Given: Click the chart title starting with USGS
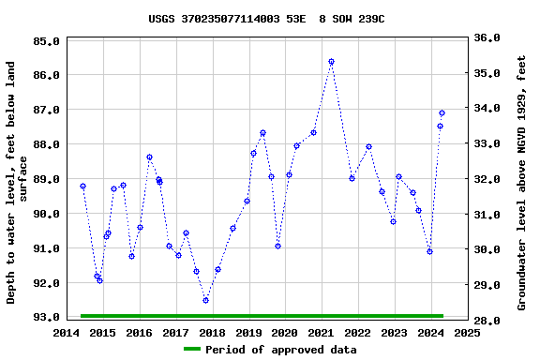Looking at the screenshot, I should pyautogui.click(x=266, y=19).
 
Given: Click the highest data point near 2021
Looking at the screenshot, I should pyautogui.click(x=331, y=62).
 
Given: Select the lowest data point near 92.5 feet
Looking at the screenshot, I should pyautogui.click(x=205, y=300).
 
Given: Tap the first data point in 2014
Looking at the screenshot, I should pyautogui.click(x=82, y=187).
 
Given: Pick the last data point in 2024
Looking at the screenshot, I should pyautogui.click(x=442, y=113).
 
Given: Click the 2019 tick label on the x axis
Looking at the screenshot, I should pyautogui.click(x=248, y=332).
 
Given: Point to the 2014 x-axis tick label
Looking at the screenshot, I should pyautogui.click(x=67, y=332).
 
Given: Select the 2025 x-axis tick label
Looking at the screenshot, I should pyautogui.click(x=467, y=332).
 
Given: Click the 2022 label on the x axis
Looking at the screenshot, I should pyautogui.click(x=357, y=332).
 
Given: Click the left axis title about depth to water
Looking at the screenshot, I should pyautogui.click(x=17, y=182).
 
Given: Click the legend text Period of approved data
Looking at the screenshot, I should pyautogui.click(x=281, y=350).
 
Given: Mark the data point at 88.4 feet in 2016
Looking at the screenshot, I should pyautogui.click(x=149, y=157).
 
